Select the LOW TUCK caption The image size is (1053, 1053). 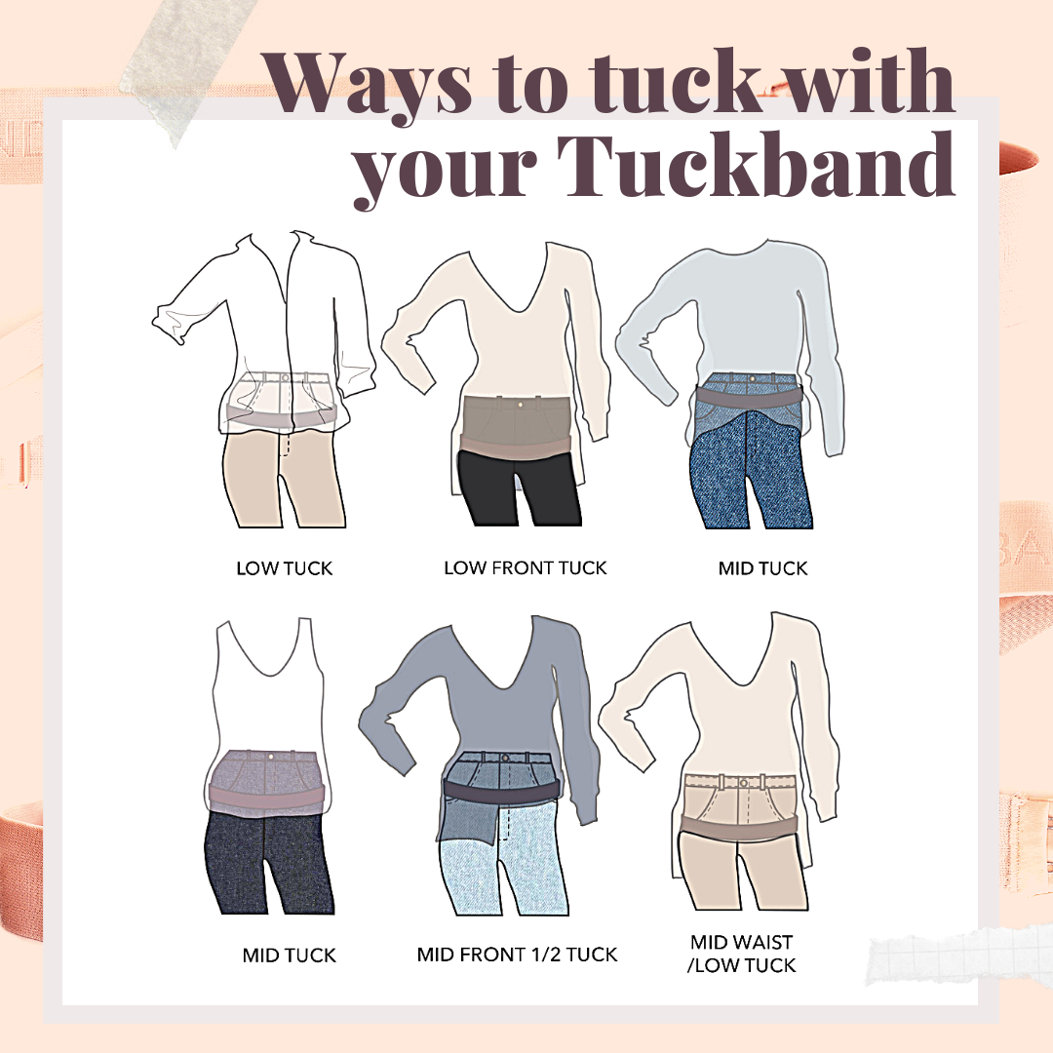pyautogui.click(x=285, y=567)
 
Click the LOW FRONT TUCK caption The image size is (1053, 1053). pyautogui.click(x=526, y=567)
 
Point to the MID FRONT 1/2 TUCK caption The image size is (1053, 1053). pyautogui.click(x=517, y=954)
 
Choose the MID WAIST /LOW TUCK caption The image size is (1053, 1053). pyautogui.click(x=743, y=954)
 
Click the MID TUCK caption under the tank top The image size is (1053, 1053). pyautogui.click(x=289, y=955)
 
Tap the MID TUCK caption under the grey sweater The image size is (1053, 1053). pyautogui.click(x=762, y=567)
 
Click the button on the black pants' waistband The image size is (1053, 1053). pyautogui.click(x=526, y=403)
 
